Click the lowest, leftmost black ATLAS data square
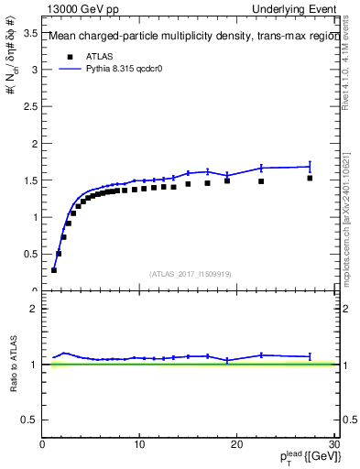54,270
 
